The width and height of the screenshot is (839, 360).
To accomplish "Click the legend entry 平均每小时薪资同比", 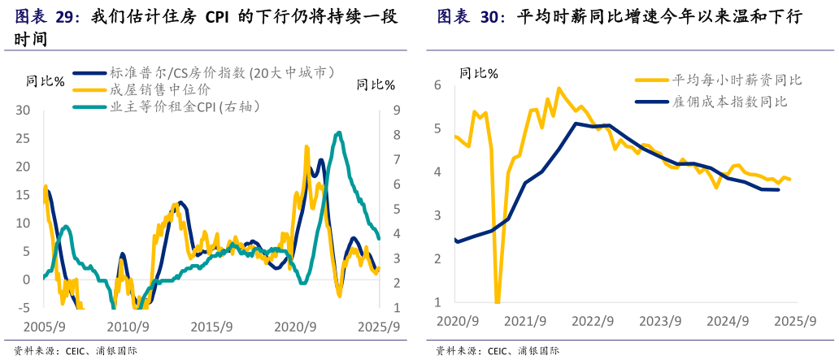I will click(737, 80).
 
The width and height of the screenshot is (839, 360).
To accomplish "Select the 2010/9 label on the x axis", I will click(128, 327).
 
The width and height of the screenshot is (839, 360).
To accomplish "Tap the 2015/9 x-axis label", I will click(213, 327).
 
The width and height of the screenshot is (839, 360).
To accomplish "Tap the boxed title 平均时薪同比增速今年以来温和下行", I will click(659, 17).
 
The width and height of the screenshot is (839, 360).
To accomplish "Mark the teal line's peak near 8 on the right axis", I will click(338, 132).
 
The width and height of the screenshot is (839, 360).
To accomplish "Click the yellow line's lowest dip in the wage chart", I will click(497, 302).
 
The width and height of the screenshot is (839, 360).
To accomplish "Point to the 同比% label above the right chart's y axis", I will click(479, 73).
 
